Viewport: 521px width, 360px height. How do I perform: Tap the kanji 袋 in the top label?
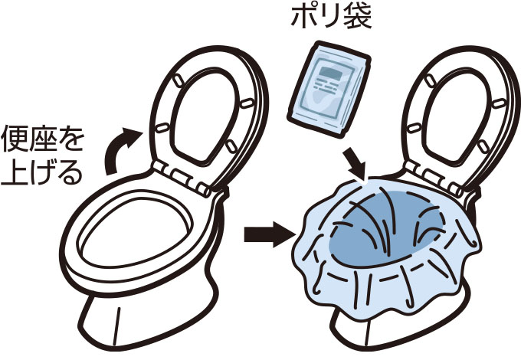[x=358, y=16]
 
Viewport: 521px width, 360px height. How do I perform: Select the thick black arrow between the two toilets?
[x=264, y=234]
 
